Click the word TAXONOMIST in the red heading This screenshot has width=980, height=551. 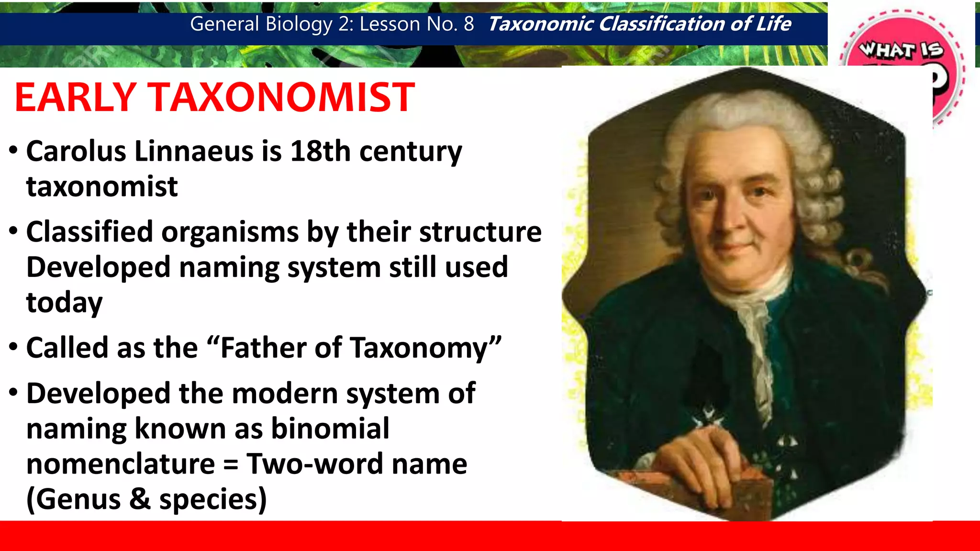coord(283,98)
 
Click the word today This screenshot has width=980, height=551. coord(64,303)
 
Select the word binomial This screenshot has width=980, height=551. coord(330,429)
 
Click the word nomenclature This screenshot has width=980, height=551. coord(121,464)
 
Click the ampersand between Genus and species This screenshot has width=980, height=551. coord(140,499)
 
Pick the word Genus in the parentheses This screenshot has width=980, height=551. coord(78,499)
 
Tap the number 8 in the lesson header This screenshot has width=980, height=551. coord(468,24)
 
